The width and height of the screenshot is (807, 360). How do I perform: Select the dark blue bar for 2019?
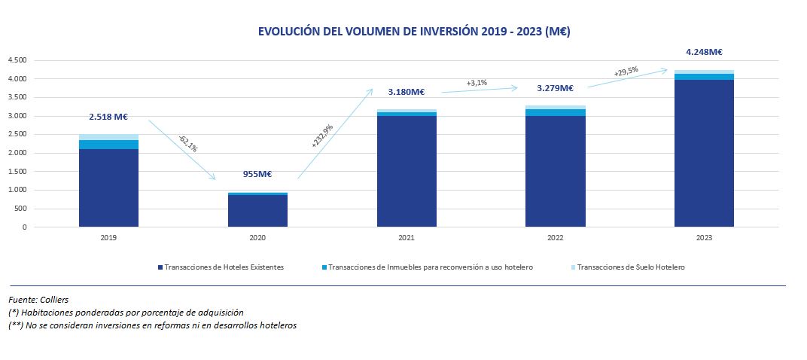pos(108,188)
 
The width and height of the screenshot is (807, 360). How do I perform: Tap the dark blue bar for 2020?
pos(257,211)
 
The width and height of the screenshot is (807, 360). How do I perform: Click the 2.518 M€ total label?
pos(108,117)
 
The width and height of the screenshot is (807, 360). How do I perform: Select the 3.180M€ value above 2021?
pos(407,92)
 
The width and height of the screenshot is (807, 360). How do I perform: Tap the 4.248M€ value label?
pos(704,52)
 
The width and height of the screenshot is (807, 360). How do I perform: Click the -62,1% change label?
pos(187,143)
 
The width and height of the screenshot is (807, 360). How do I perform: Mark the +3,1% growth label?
pos(477,82)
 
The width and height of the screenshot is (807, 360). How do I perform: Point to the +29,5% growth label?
pos(626,72)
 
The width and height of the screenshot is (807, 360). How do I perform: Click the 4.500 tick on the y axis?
pos(17,60)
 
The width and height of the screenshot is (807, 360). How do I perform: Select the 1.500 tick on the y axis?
pos(17,172)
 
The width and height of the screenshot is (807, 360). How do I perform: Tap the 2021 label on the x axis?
pos(407,237)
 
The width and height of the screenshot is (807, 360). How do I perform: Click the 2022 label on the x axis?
pos(556,237)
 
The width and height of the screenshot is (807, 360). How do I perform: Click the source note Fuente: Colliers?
pos(38,300)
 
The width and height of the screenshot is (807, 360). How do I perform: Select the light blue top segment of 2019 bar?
pos(108,137)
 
